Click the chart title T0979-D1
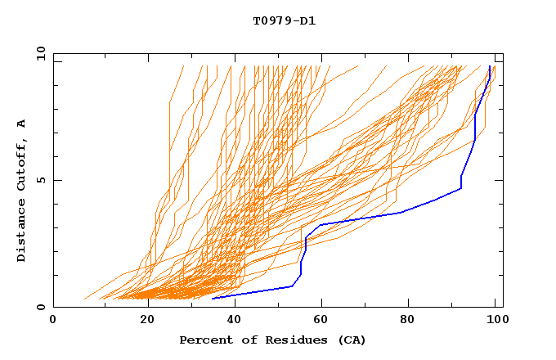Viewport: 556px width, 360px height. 285,21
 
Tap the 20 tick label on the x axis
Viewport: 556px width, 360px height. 147,320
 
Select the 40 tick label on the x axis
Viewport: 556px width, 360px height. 235,320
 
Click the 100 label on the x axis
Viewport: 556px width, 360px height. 495,320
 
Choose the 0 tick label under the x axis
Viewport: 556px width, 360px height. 53,320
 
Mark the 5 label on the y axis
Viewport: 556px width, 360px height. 40,180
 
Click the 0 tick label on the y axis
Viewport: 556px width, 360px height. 40,307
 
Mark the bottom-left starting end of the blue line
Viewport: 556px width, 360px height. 213,298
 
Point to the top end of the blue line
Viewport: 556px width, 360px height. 490,66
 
